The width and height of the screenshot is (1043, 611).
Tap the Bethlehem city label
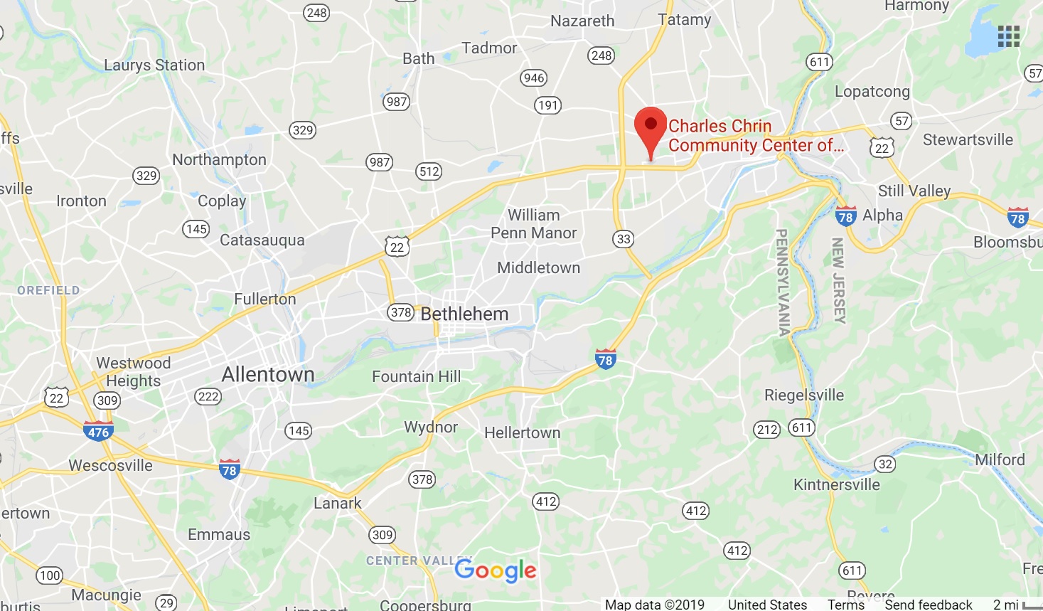point(464,314)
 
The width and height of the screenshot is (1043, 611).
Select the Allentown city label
point(268,374)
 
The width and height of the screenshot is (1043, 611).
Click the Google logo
point(496,570)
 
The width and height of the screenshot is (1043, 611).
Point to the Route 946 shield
point(533,78)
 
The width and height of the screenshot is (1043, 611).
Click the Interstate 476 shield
point(98,431)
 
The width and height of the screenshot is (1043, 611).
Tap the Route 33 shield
point(624,239)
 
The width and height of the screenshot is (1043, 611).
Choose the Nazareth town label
point(582,21)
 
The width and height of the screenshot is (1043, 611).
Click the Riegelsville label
point(804,395)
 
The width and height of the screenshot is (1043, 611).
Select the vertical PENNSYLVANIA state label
point(782,282)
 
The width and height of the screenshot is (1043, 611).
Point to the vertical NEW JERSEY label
point(839,280)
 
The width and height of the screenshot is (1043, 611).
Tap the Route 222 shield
point(208,396)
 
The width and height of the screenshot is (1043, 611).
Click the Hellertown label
point(523,432)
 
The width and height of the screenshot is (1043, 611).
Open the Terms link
point(846,605)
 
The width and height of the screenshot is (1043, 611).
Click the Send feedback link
point(929,605)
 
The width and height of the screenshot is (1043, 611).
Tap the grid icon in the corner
point(1008,36)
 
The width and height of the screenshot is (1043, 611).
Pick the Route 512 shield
point(429,171)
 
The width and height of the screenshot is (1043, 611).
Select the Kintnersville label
point(837,484)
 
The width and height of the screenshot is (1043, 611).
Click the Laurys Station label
point(154,65)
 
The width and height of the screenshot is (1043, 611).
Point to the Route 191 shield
point(547,105)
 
